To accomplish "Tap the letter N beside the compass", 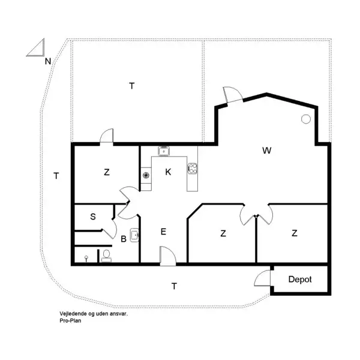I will (47, 61).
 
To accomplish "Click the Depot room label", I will (300, 280).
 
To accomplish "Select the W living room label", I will (266, 151).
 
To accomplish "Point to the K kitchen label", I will (169, 172).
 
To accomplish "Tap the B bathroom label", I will (124, 239).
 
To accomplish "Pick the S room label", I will (94, 217).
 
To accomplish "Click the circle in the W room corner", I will (305, 119).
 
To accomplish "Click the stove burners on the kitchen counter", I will (193, 169).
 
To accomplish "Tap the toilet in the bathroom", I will (107, 256).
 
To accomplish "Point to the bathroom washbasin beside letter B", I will (135, 235).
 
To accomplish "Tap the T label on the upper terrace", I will (131, 86).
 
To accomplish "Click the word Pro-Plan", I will (70, 320).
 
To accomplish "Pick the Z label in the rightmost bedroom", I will (295, 233).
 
